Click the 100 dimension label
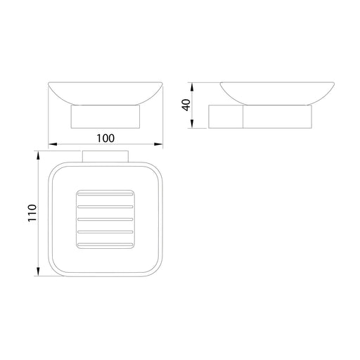coord(105,139)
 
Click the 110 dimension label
coord(32,213)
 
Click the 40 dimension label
coord(186,105)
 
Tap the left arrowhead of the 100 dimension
coord(53,144)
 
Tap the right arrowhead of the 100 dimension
coord(158,144)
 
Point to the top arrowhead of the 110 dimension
coord(38,155)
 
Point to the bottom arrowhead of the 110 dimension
coord(38,271)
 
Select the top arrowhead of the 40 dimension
coord(192,86)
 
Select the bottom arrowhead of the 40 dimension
coord(192,124)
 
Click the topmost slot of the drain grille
coord(105,194)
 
